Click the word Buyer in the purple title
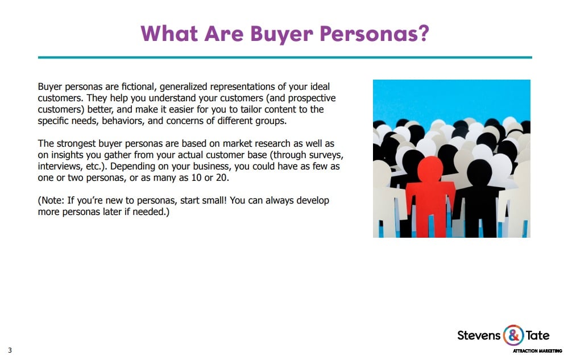coord(281,34)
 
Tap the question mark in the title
coord(423,33)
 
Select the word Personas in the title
coord(367,34)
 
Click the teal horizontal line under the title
coord(285,57)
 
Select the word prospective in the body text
coord(312,98)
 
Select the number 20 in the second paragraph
coord(222,178)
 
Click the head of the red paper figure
coord(430,169)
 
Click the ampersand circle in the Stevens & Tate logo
coord(513,335)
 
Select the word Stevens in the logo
coord(479,336)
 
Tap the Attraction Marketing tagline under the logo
coord(537,350)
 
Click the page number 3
coord(10,350)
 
